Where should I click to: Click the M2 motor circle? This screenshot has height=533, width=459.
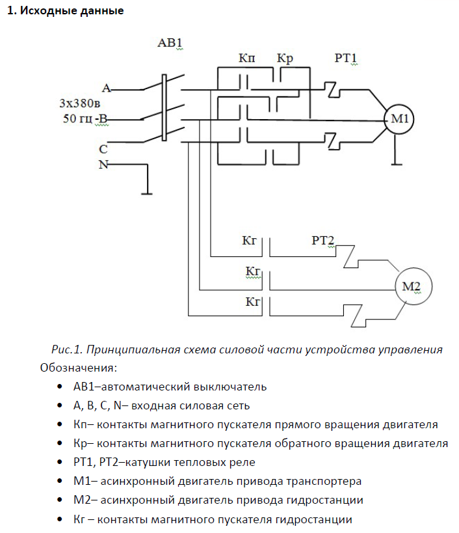[x=412, y=286]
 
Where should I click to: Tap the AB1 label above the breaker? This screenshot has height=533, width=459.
[x=170, y=44]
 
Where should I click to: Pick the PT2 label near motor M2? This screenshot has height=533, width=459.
[x=322, y=241]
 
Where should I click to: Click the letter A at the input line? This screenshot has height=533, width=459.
[x=106, y=88]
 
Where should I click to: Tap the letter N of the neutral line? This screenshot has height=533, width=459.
[x=103, y=164]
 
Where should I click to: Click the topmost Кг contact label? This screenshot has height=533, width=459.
[x=250, y=241]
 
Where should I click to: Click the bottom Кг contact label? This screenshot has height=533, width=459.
[x=253, y=301]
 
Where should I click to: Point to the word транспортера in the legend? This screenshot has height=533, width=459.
[x=323, y=482]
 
